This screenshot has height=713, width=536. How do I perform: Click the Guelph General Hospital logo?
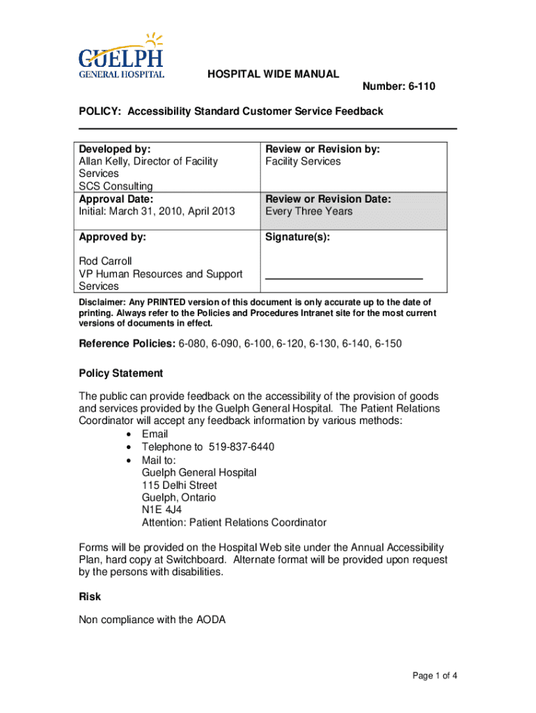pos(122,56)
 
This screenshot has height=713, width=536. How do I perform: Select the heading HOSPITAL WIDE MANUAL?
pos(274,74)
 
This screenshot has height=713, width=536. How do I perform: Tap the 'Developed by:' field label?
pos(115,149)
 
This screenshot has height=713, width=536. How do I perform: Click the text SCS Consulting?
pos(116,187)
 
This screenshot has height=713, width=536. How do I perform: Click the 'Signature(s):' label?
pos(298,237)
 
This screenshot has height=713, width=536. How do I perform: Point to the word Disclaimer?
pos(102,302)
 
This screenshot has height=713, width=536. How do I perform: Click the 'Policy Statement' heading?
pos(121,374)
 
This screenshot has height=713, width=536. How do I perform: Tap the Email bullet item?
pos(155,434)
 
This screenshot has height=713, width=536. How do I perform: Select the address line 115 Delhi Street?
pos(180,485)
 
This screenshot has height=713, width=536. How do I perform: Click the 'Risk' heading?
pos(90,597)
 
